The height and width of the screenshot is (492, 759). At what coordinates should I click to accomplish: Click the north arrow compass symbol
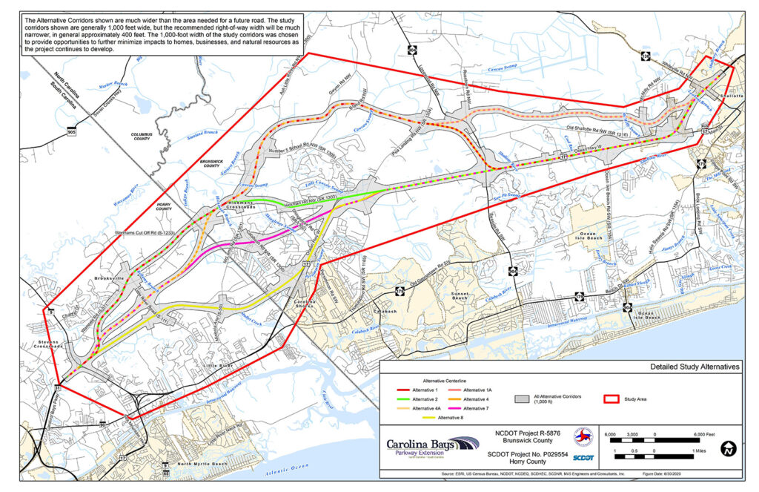(730, 447)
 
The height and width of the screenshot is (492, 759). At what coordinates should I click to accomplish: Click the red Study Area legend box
(613, 398)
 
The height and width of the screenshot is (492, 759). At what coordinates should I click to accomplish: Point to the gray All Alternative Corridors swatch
(524, 398)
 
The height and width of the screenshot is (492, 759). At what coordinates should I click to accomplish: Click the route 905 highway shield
(70, 131)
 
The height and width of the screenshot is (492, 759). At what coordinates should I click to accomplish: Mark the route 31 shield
(57, 387)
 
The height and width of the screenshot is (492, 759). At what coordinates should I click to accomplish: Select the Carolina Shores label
(305, 304)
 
